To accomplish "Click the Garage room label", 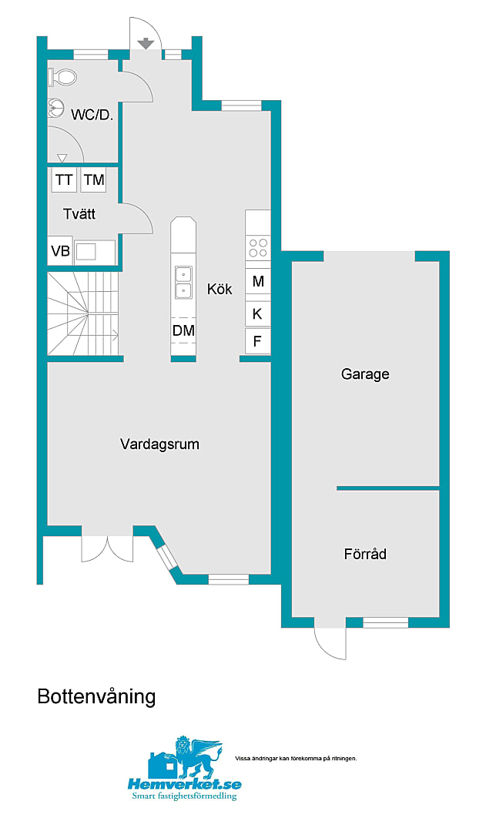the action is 365,374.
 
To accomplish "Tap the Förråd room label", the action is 365,554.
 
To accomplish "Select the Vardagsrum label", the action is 159,444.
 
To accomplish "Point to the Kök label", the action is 220,289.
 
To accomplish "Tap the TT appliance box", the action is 64,180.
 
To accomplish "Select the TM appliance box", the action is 94,180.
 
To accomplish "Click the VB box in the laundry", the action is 60,251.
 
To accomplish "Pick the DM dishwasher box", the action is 183,330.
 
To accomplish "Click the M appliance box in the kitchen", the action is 258,281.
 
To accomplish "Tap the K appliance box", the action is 258,313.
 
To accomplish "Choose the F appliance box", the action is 258,341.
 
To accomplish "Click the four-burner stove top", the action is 258,248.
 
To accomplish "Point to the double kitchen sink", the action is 183,283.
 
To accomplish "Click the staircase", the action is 83,313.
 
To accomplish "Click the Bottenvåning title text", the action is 97,697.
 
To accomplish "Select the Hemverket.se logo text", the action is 184,783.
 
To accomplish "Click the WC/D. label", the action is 92,115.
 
